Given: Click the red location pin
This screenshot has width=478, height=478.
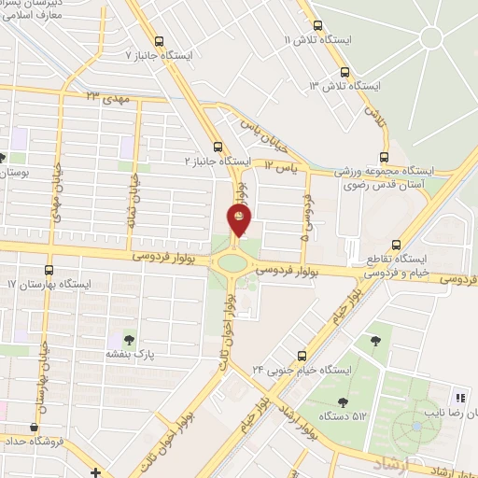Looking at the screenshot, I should click(240, 219).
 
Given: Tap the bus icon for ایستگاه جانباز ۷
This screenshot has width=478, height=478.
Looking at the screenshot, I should click(159, 42).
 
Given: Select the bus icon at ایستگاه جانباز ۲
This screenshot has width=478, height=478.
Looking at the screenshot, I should click(218, 147).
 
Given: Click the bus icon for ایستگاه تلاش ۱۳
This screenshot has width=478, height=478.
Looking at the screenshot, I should click(345, 72).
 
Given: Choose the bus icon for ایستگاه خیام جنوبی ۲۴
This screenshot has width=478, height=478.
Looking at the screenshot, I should click(301, 356).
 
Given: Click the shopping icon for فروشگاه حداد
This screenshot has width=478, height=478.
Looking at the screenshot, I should click(35, 428).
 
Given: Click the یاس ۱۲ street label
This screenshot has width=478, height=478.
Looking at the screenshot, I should click(279, 164).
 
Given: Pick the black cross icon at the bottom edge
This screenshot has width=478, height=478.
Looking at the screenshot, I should click(96, 472).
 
